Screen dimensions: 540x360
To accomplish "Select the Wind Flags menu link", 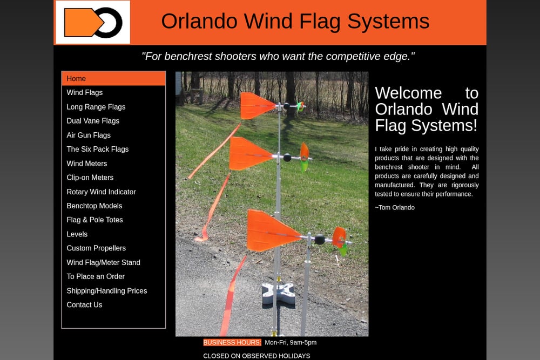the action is (84, 93).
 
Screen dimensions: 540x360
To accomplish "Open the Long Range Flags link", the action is (96, 107).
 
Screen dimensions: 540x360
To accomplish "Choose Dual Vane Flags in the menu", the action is (93, 121).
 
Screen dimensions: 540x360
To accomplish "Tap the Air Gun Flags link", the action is (89, 135).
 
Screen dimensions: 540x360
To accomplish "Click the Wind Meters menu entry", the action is (87, 164).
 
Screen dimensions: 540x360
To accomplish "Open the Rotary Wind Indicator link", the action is (102, 192).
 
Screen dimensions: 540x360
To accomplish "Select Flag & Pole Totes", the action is (94, 220).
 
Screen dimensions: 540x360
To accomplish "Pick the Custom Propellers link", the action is (96, 248).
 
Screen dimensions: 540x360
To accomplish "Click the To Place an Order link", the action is (96, 276).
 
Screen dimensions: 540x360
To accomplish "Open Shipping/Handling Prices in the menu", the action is (107, 291).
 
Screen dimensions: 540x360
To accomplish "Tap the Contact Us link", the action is (84, 305).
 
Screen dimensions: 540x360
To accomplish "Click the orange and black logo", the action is (93, 22).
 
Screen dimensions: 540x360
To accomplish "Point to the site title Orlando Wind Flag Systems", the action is (295, 22).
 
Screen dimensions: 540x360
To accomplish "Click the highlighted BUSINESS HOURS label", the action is (232, 342).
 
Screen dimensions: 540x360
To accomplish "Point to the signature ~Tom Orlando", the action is (395, 208).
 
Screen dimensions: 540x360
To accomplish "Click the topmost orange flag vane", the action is (256, 106).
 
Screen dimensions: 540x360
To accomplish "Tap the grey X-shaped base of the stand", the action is (278, 295).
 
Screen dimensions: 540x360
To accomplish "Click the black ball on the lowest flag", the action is (320, 239).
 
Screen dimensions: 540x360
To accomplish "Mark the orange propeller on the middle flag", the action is (304, 152).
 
